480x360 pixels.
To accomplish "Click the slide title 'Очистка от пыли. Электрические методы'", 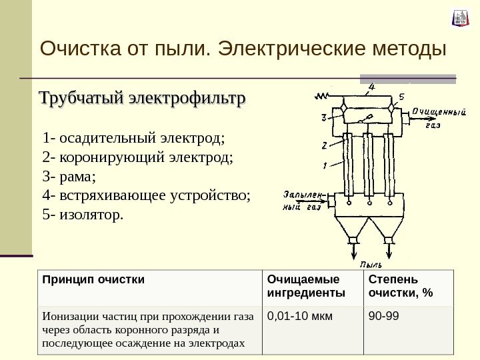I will pyautogui.click(x=242, y=49).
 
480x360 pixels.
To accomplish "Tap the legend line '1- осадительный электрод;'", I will pyautogui.click(x=133, y=139).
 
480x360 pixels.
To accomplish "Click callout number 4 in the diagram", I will pyautogui.click(x=371, y=86).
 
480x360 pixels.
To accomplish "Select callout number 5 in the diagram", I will pyautogui.click(x=401, y=97).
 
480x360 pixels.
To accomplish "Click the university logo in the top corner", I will pyautogui.click(x=460, y=18).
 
